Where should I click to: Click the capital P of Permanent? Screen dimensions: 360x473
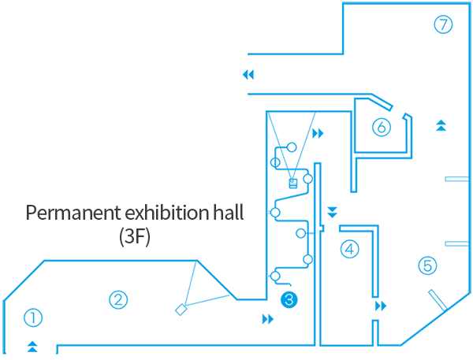[32, 213]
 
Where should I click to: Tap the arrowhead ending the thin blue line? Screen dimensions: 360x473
[252, 75]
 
